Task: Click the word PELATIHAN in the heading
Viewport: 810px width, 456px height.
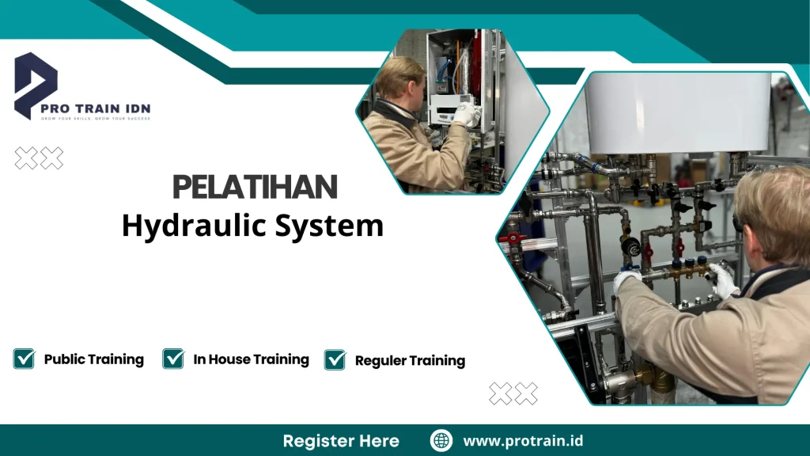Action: (x=255, y=188)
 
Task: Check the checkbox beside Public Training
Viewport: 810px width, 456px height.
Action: (x=24, y=359)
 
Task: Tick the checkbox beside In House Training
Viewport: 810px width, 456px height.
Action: (x=173, y=359)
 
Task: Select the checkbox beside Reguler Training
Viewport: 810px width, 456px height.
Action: (x=335, y=360)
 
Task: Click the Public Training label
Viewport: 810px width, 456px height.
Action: (x=94, y=359)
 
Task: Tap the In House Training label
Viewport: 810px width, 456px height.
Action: (x=251, y=359)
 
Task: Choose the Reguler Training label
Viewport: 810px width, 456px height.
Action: (x=410, y=361)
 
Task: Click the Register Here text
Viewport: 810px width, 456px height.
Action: (x=341, y=441)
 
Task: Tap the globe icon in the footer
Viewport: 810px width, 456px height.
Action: (x=441, y=441)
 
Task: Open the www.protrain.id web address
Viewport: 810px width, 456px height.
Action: (x=523, y=441)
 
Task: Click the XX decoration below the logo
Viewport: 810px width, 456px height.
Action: (x=40, y=159)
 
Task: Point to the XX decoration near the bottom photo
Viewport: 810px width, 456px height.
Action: (x=513, y=393)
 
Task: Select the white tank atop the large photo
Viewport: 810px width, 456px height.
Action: (x=676, y=111)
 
